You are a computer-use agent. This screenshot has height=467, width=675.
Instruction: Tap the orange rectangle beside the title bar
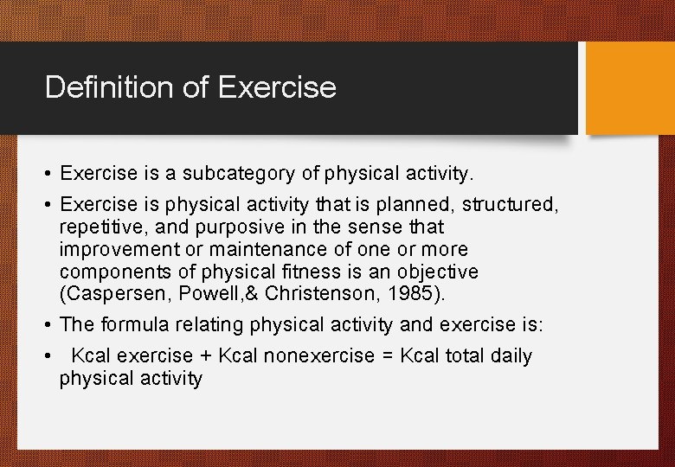pos(629,88)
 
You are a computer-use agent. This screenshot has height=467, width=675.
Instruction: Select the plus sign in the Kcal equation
pos(207,356)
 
